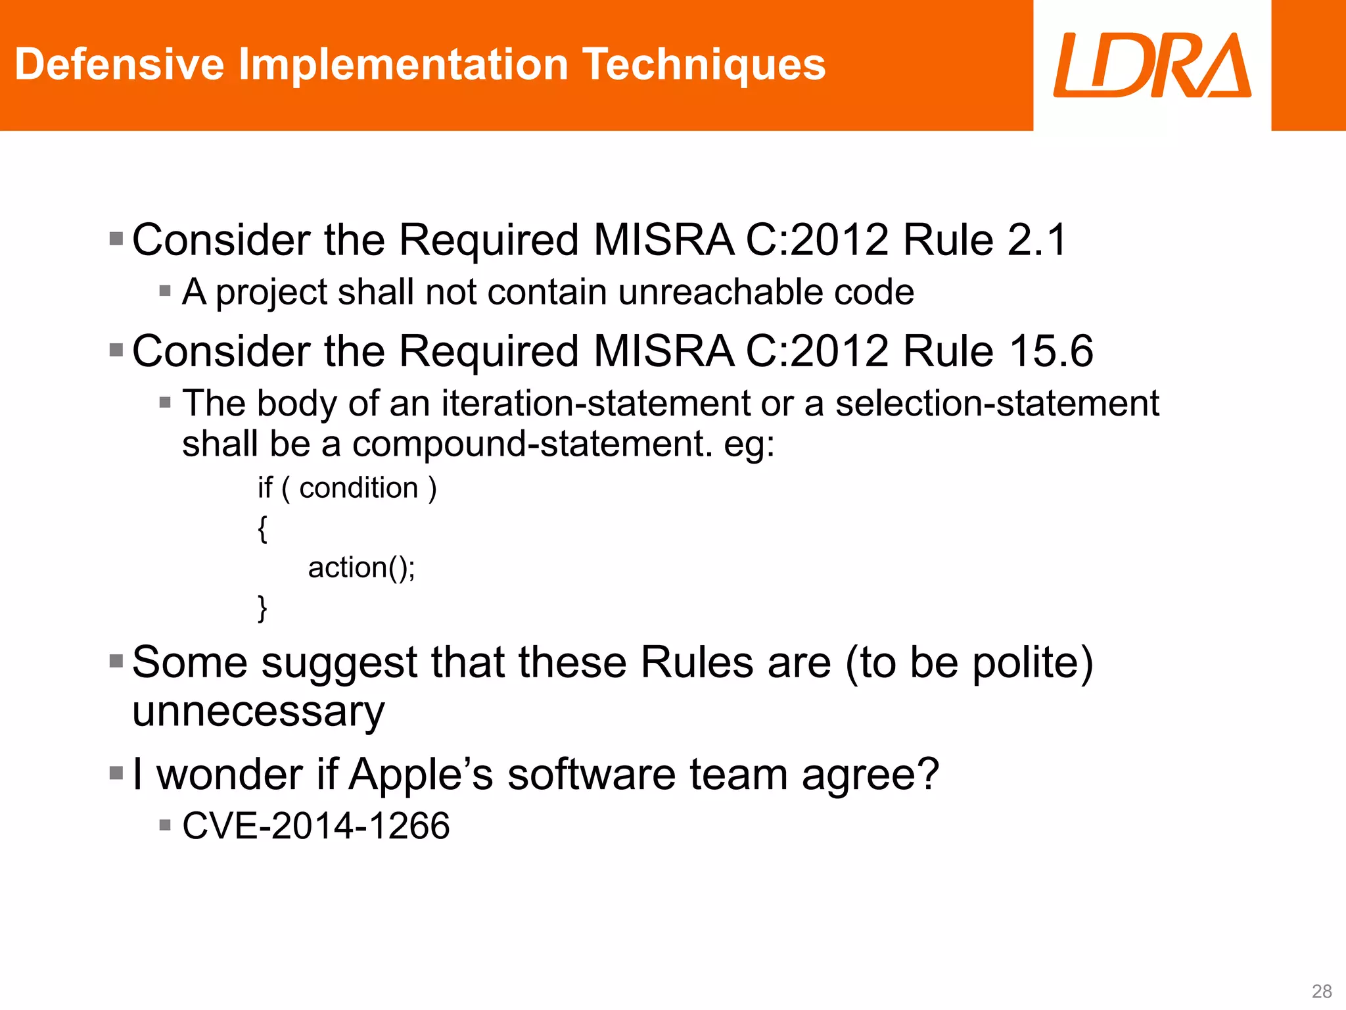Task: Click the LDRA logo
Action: (1151, 65)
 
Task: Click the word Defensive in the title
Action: (119, 64)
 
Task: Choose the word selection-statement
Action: (996, 403)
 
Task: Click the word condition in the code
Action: (359, 489)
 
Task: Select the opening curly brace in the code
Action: (262, 529)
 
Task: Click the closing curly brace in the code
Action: (262, 608)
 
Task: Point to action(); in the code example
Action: (361, 568)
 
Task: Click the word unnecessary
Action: (258, 712)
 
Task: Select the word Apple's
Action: (421, 775)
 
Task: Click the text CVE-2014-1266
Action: (316, 826)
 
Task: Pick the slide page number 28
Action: (1321, 991)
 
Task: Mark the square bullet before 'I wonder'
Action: (116, 773)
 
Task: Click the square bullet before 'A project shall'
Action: (165, 291)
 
